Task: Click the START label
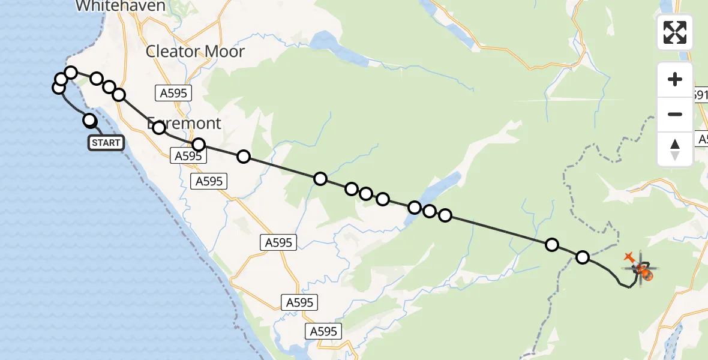point(106,143)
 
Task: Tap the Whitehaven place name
point(121,6)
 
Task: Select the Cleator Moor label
point(195,52)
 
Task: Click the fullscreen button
point(674,32)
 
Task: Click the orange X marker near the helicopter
point(629,257)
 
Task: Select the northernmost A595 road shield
point(173,92)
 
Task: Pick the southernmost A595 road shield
point(324,331)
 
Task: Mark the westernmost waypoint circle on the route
point(59,88)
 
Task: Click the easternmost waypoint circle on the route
point(583,257)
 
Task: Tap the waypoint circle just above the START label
point(89,121)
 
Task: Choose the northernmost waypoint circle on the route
point(71,73)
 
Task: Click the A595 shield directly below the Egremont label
point(188,156)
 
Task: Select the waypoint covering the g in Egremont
point(159,127)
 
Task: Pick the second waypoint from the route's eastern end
point(551,244)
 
